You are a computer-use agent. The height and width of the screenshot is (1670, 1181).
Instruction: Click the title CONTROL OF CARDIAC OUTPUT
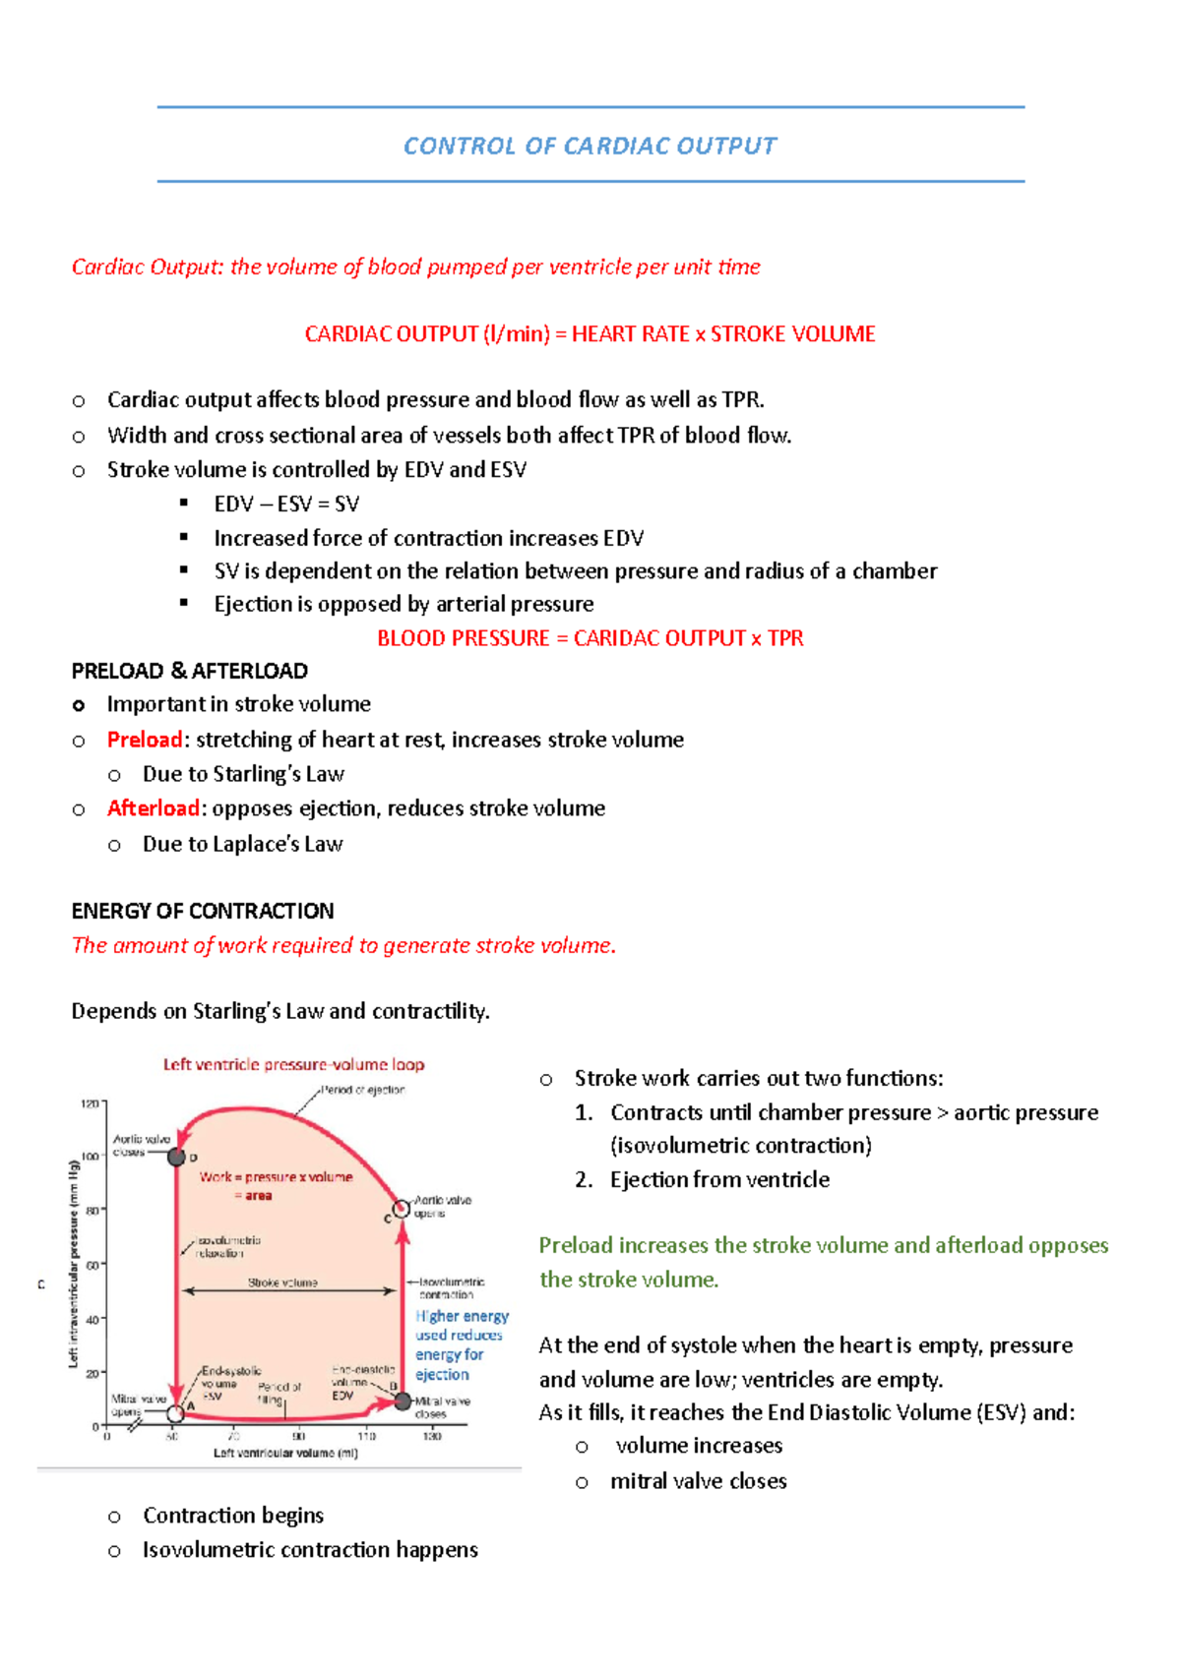[x=590, y=147]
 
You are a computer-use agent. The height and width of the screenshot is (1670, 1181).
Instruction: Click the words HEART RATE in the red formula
[x=630, y=334]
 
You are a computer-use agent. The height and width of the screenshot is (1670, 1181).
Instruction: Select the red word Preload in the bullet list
[x=145, y=740]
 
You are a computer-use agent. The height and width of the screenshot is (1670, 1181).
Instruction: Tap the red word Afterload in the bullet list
[x=154, y=808]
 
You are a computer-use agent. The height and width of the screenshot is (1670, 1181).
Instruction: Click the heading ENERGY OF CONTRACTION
[x=202, y=911]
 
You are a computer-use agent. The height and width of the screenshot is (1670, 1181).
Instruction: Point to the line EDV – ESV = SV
[x=286, y=505]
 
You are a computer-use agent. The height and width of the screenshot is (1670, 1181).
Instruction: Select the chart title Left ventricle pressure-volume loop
[x=293, y=1064]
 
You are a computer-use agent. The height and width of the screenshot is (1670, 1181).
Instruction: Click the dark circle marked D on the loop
[x=177, y=1157]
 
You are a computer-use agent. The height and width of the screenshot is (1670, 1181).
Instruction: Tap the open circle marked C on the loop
[x=402, y=1209]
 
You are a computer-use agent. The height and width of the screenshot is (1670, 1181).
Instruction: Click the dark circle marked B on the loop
[x=403, y=1401]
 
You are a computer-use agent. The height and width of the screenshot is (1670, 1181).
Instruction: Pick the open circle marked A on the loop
[x=176, y=1414]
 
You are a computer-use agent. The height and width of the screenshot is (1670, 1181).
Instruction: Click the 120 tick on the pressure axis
[x=91, y=1103]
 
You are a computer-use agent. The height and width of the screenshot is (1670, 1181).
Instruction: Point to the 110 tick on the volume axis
[x=366, y=1436]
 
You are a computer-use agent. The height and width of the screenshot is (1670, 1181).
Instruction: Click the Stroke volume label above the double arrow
[x=282, y=1282]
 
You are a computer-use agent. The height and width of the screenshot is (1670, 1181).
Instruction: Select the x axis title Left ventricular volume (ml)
[x=285, y=1453]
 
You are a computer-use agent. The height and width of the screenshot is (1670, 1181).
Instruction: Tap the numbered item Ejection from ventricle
[x=719, y=1179]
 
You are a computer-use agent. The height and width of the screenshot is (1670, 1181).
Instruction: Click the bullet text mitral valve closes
[x=698, y=1481]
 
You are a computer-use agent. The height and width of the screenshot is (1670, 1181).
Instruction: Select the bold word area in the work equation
[x=259, y=1196]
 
